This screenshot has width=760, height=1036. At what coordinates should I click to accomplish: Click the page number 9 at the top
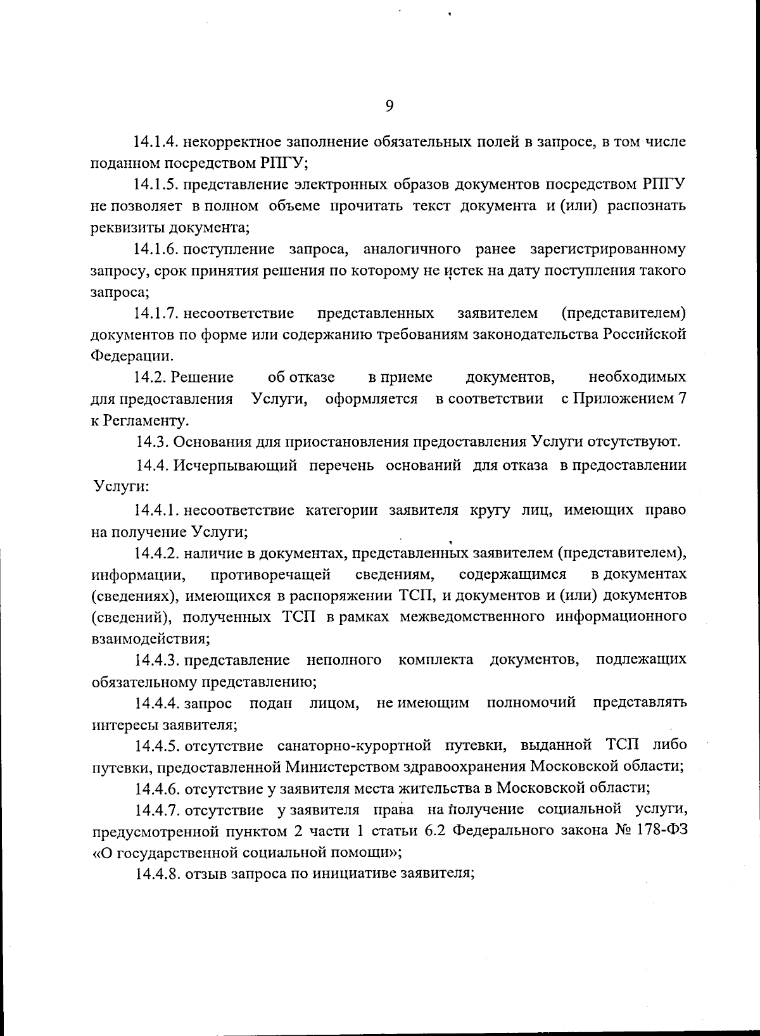click(x=389, y=106)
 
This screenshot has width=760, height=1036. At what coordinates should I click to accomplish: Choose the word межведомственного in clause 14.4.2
click(x=472, y=616)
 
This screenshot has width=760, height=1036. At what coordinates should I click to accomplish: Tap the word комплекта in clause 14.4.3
click(x=436, y=660)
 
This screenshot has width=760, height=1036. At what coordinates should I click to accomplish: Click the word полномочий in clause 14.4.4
click(x=531, y=702)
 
